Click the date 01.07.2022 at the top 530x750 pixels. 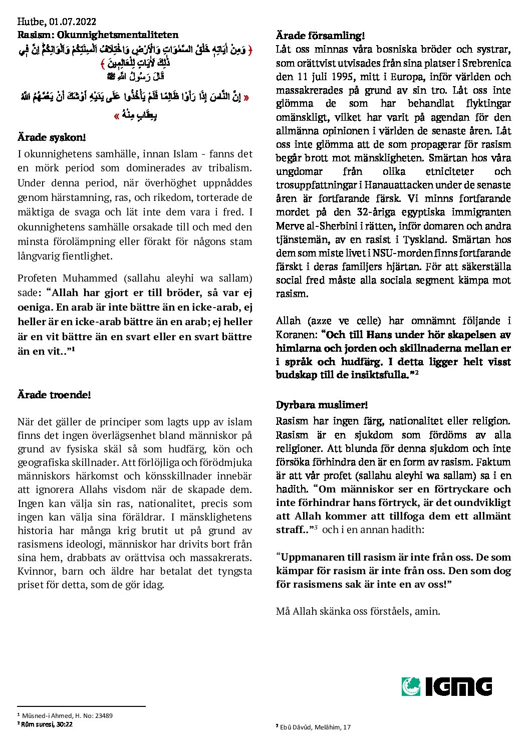tap(73, 22)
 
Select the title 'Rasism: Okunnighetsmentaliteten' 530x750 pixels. tap(98, 35)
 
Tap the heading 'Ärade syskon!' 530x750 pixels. tap(52, 137)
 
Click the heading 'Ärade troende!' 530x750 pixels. tap(54, 395)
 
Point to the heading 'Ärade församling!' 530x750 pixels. tap(320, 36)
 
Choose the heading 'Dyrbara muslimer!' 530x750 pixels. tap(322, 405)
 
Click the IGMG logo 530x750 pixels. tap(446, 686)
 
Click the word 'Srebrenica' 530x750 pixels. tap(486, 64)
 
